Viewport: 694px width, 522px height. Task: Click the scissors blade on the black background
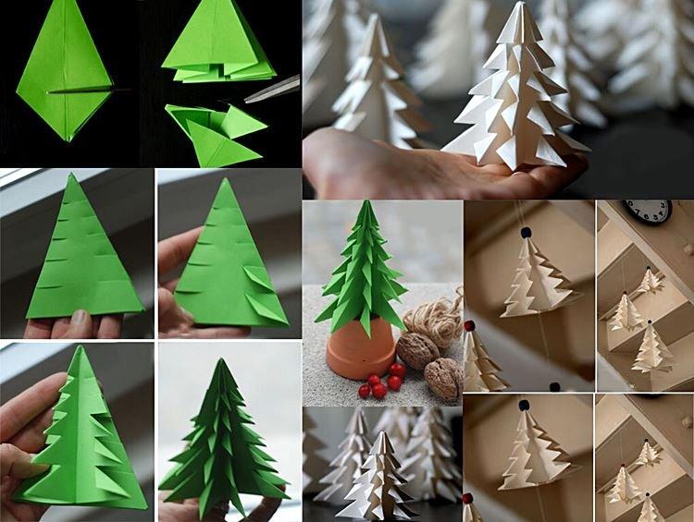[x=274, y=89]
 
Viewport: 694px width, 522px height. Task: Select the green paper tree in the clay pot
[x=364, y=268]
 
